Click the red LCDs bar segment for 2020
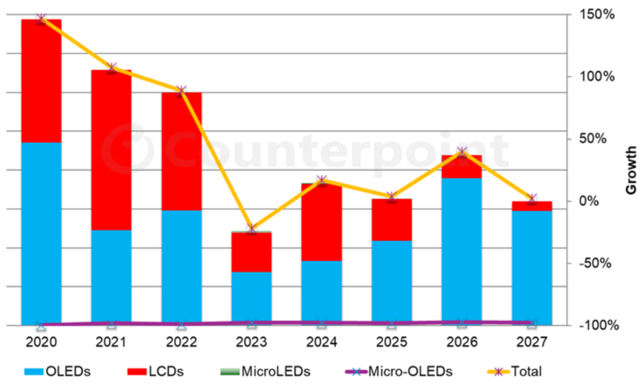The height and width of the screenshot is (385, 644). pyautogui.click(x=41, y=80)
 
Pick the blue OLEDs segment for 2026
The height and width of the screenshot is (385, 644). pyautogui.click(x=461, y=251)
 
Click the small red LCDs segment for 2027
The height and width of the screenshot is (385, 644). pyautogui.click(x=532, y=206)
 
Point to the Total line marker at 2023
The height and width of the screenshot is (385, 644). pyautogui.click(x=252, y=228)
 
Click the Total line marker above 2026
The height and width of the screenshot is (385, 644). pyautogui.click(x=462, y=152)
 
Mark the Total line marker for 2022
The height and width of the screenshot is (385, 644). pyautogui.click(x=182, y=90)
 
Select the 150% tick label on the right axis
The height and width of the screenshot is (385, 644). pyautogui.click(x=597, y=15)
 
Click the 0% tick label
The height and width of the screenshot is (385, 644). pyautogui.click(x=601, y=201)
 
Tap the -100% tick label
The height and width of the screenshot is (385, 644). pyautogui.click(x=597, y=325)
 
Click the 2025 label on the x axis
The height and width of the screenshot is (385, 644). pyautogui.click(x=391, y=342)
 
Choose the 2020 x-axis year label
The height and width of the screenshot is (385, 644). pyautogui.click(x=41, y=342)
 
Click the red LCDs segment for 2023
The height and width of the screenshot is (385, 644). pyautogui.click(x=252, y=252)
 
